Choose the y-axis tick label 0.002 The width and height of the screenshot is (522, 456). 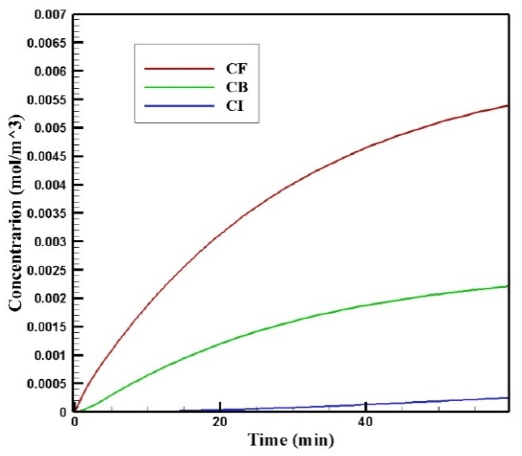pos(50,298)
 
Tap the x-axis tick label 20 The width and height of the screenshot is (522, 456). pos(220,422)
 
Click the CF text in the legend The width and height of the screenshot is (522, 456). pos(236,69)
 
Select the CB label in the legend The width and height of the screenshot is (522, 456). pos(237,87)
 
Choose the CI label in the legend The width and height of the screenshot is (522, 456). pos(235,106)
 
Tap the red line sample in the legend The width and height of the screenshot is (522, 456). pos(179,69)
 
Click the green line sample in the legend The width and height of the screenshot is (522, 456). pos(179,87)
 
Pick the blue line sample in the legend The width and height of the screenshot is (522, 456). pos(179,106)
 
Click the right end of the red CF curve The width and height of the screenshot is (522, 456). pos(509,106)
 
